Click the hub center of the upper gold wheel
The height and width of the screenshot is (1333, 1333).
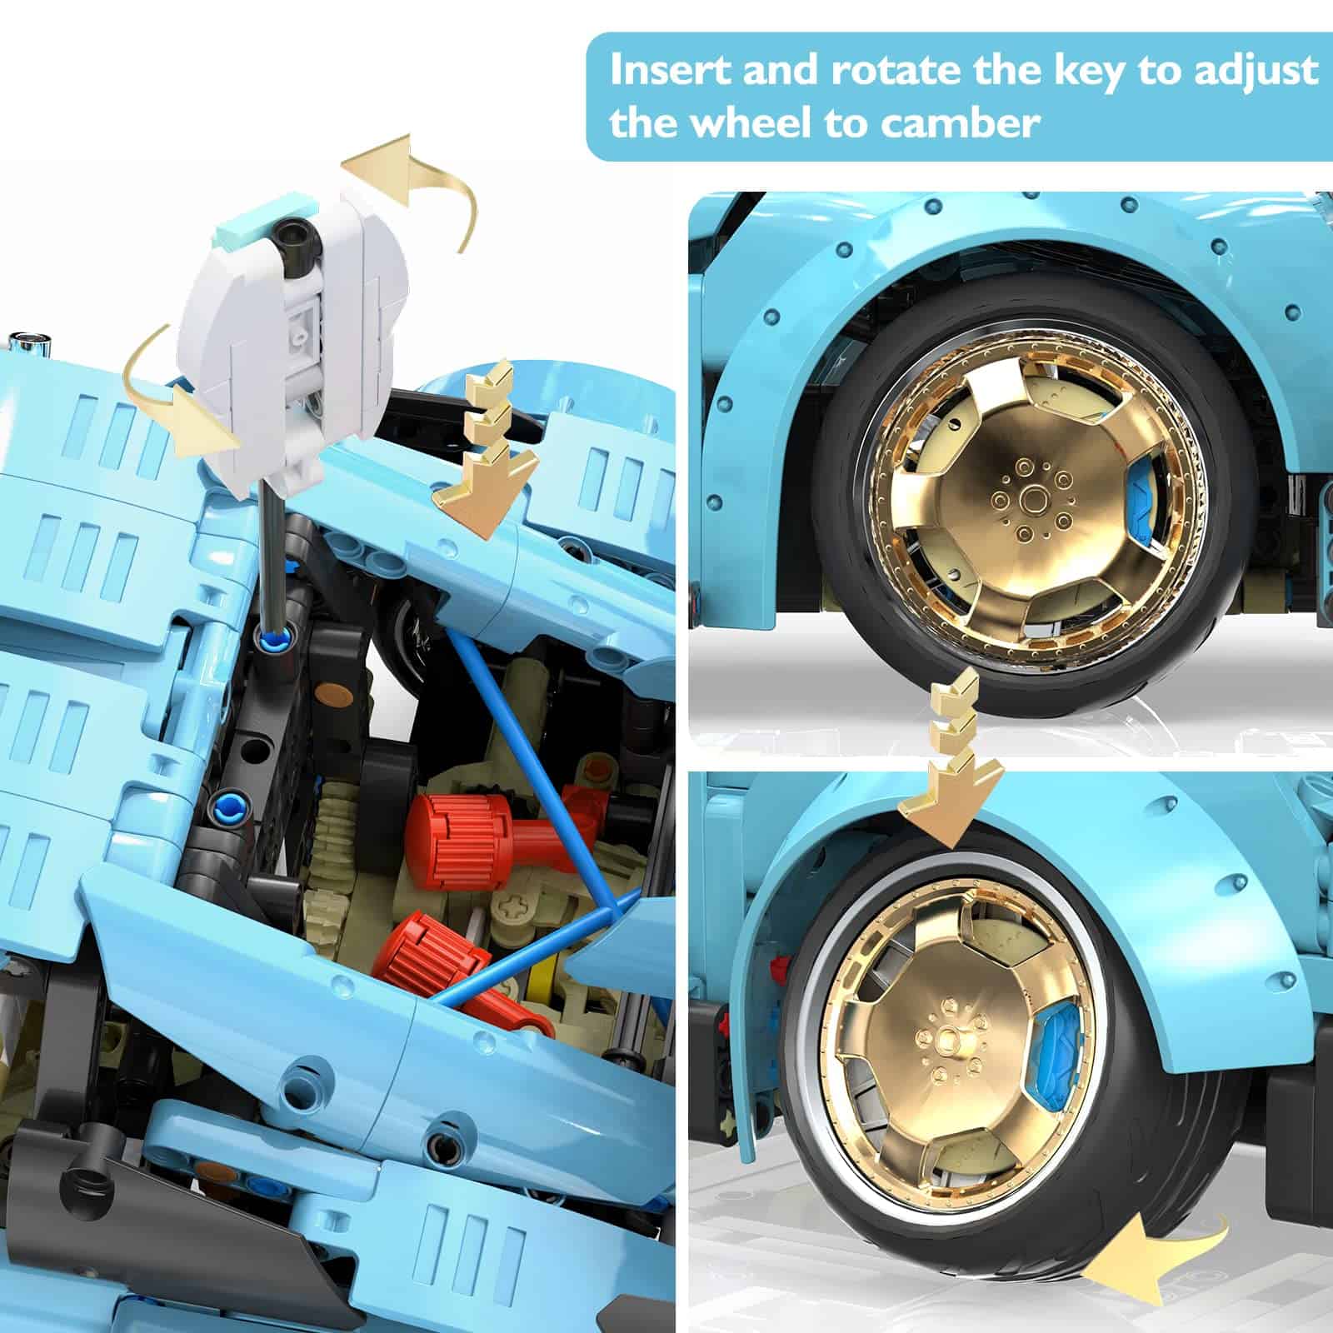click(x=1036, y=501)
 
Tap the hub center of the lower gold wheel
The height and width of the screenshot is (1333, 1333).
click(x=947, y=1037)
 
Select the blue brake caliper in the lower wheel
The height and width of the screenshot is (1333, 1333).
click(x=1056, y=1038)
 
